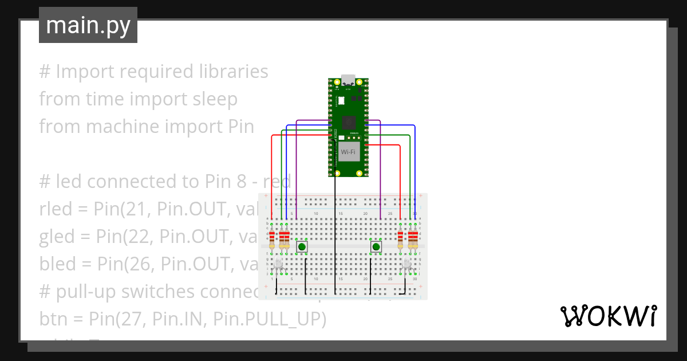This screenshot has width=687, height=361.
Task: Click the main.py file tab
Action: (x=88, y=25)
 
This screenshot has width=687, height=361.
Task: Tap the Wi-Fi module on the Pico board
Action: (x=348, y=152)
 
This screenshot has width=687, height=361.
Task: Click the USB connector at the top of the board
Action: (x=348, y=80)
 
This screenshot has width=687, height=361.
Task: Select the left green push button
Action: (x=301, y=247)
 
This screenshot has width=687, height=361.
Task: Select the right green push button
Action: (x=376, y=247)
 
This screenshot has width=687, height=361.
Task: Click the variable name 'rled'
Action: (x=56, y=209)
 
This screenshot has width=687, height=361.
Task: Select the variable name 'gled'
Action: (x=56, y=237)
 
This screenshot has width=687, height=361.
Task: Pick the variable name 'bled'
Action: (x=56, y=264)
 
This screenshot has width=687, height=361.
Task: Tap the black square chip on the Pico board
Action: (x=348, y=123)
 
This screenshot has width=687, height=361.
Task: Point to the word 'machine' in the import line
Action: (x=121, y=127)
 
